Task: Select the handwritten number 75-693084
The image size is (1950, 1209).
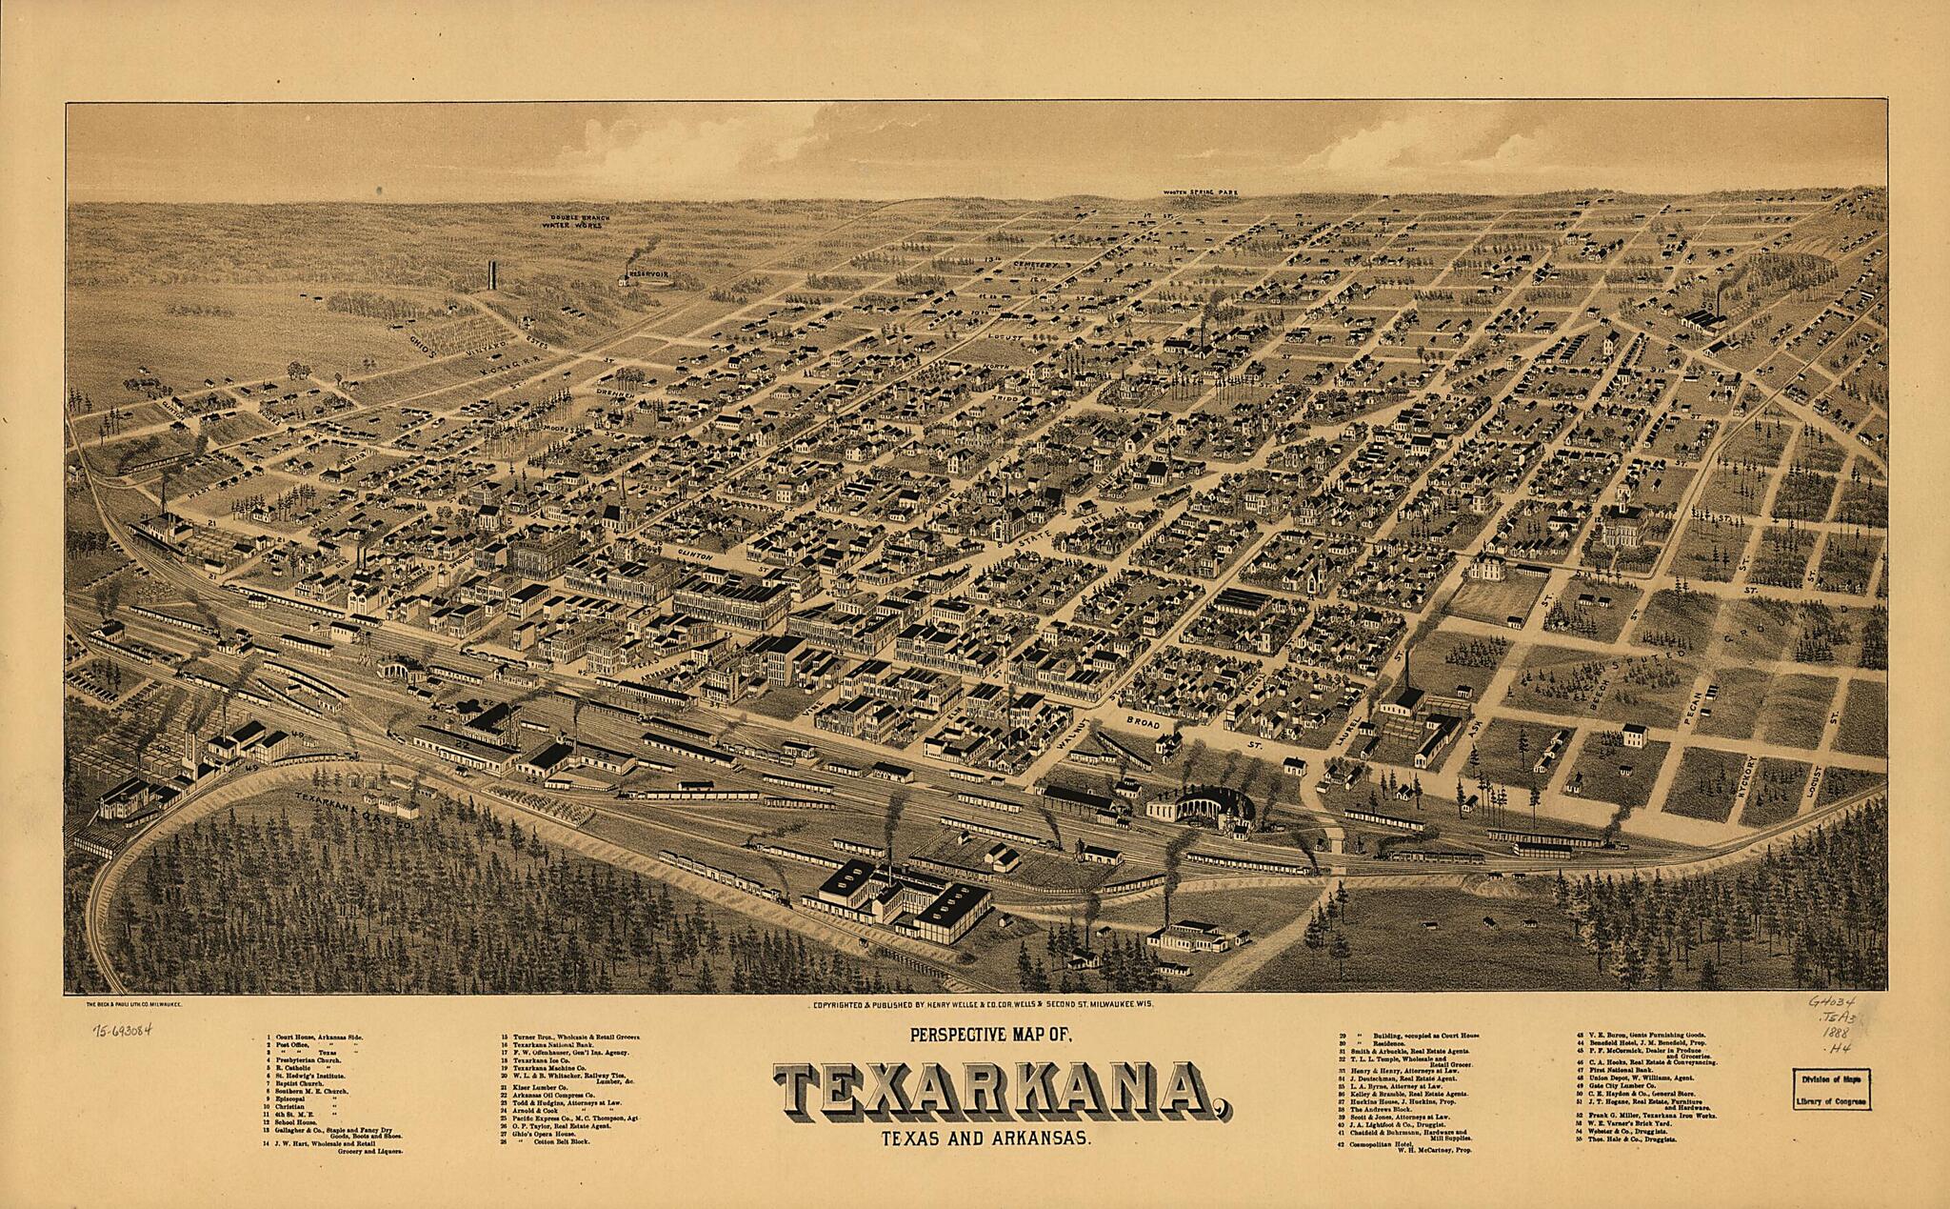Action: pos(123,1031)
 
